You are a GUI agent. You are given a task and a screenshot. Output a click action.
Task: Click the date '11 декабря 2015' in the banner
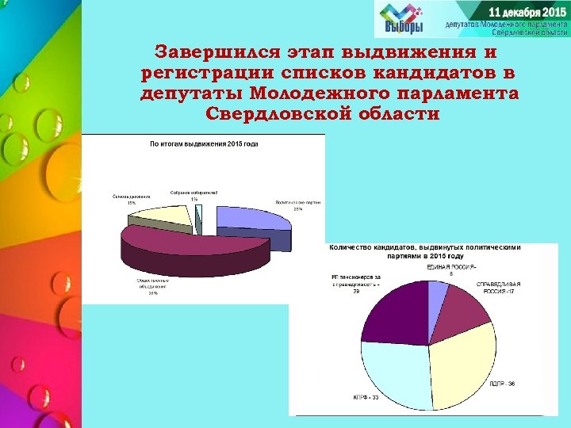527,13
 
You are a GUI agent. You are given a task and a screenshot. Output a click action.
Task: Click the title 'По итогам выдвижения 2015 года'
204,144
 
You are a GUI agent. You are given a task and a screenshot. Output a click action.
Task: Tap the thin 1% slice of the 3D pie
199,212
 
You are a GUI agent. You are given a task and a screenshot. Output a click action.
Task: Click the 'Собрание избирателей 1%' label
194,195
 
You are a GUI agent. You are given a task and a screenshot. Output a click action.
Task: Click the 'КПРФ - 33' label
365,397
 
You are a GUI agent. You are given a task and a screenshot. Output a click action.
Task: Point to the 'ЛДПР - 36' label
501,384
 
